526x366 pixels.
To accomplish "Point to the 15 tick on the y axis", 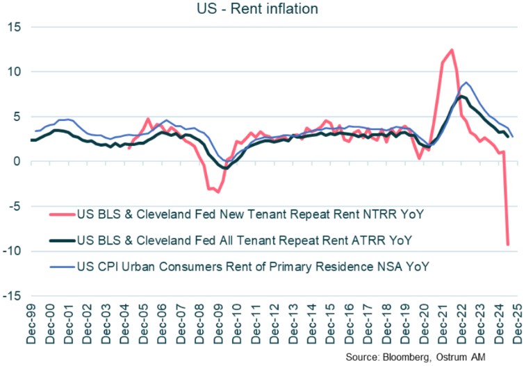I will [x=15, y=27].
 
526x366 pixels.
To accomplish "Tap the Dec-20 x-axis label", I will [x=422, y=326].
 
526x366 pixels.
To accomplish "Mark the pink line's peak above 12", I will [x=452, y=50].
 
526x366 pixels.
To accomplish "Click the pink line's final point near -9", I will [x=508, y=244].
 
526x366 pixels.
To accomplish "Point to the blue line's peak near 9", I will [x=465, y=82].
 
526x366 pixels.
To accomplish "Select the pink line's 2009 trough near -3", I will [x=217, y=192].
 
